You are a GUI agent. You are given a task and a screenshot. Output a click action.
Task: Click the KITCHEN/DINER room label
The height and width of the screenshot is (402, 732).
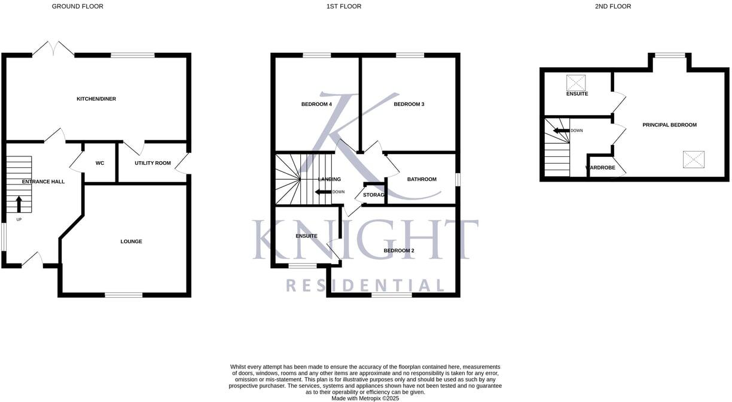(96, 99)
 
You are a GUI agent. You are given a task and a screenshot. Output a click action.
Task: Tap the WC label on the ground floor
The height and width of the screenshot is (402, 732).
(100, 163)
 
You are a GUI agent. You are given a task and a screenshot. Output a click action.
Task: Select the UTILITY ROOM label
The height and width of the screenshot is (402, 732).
(152, 163)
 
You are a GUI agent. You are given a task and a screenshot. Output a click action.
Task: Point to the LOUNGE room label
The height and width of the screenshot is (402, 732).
(131, 241)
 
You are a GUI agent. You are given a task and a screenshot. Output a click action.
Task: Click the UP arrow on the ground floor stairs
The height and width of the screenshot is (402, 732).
(19, 204)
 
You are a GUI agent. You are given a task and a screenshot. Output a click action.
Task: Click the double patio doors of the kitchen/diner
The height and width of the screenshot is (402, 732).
(53, 49)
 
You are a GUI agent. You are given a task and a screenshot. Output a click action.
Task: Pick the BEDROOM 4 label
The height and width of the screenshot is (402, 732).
(316, 104)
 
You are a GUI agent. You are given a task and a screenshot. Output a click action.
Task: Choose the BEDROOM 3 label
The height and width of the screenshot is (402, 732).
(409, 104)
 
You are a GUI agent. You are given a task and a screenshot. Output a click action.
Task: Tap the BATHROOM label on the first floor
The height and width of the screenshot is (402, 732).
(422, 179)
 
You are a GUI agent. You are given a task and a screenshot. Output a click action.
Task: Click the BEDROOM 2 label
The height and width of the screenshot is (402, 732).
(399, 250)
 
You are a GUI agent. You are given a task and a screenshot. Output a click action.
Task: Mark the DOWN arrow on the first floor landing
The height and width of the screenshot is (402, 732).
(324, 192)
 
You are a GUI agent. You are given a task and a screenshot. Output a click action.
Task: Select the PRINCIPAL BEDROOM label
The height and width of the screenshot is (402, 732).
(670, 125)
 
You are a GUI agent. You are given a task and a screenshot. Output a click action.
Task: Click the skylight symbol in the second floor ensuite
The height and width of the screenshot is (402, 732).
(576, 83)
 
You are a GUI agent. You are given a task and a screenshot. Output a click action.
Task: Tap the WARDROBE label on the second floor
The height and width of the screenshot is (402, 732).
(600, 168)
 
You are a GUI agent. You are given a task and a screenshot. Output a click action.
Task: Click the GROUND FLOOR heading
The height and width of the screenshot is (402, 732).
(78, 7)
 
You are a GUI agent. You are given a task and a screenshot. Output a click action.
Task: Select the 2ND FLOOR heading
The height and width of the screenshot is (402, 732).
(613, 7)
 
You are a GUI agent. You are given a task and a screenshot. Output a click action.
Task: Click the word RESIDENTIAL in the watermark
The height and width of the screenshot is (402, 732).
(365, 285)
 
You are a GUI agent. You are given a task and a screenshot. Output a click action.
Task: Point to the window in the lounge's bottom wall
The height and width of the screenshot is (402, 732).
(124, 295)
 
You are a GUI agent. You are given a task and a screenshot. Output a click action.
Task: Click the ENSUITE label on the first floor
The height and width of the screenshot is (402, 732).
(306, 236)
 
